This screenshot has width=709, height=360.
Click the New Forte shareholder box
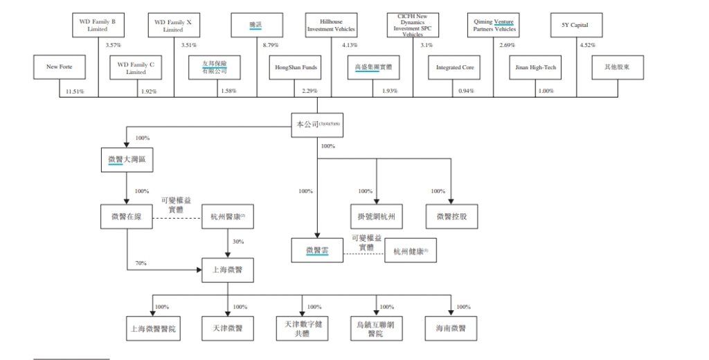(x=59, y=67)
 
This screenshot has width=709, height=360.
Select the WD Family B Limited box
(x=98, y=26)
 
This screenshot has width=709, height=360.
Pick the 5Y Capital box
(x=575, y=26)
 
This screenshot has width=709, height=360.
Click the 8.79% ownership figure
(x=271, y=45)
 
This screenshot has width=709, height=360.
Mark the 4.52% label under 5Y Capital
(x=587, y=45)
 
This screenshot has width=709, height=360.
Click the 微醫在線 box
(x=126, y=217)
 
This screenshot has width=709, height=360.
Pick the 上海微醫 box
(x=227, y=269)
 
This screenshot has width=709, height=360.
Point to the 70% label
(x=141, y=263)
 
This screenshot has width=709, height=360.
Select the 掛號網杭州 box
(x=376, y=217)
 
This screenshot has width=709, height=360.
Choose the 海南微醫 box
(x=451, y=328)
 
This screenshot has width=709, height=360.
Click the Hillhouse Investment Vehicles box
(x=331, y=26)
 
